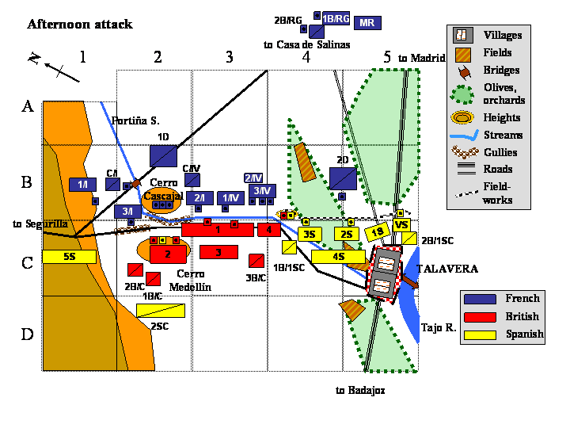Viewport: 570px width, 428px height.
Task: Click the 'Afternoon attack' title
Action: point(79,25)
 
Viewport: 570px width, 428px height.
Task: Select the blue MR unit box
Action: point(367,22)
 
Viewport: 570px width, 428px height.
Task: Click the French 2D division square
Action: point(343,178)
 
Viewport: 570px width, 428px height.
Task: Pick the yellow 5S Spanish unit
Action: point(69,257)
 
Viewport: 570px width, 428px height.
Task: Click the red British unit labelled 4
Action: point(269,230)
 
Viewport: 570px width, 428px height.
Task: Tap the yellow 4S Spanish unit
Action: point(338,257)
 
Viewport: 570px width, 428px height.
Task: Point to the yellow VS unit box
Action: point(402,225)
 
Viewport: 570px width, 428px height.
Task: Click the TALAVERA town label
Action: point(448,269)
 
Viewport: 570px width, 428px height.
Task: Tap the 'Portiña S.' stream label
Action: point(135,121)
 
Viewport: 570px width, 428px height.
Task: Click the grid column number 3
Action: point(229,57)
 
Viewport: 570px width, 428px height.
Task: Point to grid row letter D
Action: point(27,334)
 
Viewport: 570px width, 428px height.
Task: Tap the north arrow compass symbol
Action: point(55,67)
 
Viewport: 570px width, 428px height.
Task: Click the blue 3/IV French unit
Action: point(261,191)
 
